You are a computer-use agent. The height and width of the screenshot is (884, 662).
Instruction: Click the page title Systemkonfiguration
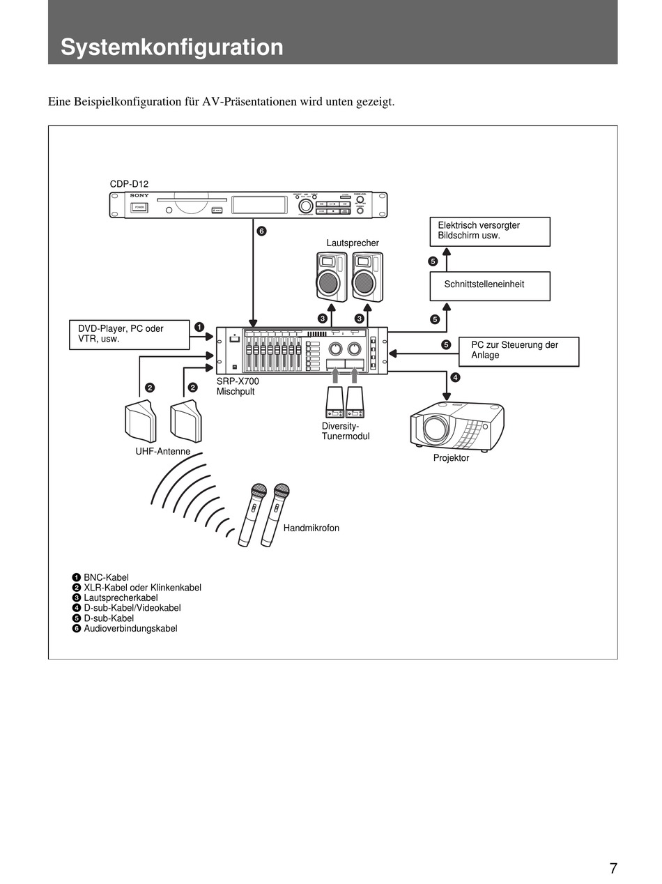pos(171,47)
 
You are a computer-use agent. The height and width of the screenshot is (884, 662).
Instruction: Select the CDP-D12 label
pos(129,184)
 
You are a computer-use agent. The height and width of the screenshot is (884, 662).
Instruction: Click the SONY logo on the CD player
pos(139,196)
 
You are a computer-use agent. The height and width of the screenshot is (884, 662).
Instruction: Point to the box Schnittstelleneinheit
pos(490,285)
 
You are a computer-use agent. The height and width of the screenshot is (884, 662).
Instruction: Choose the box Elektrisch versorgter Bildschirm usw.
pos(490,231)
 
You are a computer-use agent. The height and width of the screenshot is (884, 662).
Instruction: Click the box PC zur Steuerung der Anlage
pos(518,351)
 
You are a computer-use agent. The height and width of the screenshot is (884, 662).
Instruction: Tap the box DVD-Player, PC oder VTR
pos(130,334)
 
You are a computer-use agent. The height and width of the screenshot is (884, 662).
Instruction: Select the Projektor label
pos(451,458)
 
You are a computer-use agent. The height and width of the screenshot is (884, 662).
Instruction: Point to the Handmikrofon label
pos(311,528)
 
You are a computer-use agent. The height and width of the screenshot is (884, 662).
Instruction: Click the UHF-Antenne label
pos(162,451)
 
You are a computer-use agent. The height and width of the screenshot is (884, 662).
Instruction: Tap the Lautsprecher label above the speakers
pos(353,243)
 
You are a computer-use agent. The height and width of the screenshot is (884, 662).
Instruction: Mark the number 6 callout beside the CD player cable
pos(261,231)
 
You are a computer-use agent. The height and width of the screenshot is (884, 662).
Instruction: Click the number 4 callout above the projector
pos(456,377)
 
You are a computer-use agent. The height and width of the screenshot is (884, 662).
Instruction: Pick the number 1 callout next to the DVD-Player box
pos(199,326)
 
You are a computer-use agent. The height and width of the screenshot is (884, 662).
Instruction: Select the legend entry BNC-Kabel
pos(106,577)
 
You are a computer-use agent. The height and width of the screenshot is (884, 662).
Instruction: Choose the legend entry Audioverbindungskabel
pos(130,628)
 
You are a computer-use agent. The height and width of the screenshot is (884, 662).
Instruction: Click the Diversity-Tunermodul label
pos(345,431)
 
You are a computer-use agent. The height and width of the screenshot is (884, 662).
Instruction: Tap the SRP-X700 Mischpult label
pos(238,386)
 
